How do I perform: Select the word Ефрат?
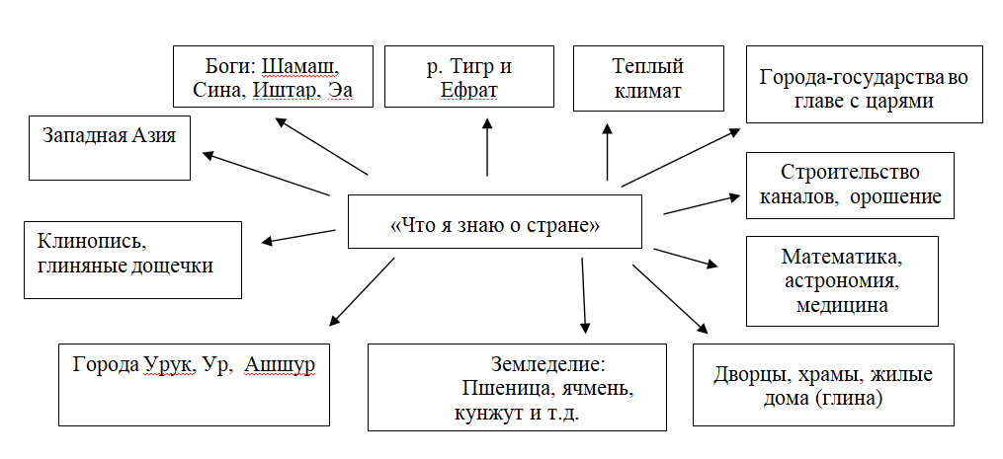click(x=468, y=91)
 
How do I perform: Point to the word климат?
click(x=648, y=91)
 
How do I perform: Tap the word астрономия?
click(x=843, y=280)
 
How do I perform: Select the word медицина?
click(x=842, y=304)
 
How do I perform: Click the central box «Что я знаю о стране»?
click(x=494, y=221)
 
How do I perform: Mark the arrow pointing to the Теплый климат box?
click(x=607, y=152)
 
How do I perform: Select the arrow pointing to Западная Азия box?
click(x=266, y=174)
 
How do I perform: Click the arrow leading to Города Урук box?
click(x=362, y=292)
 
